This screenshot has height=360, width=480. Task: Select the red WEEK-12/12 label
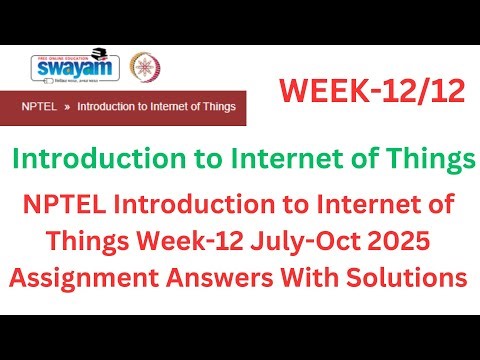(x=372, y=93)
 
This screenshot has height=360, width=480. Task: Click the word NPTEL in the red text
(x=70, y=207)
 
